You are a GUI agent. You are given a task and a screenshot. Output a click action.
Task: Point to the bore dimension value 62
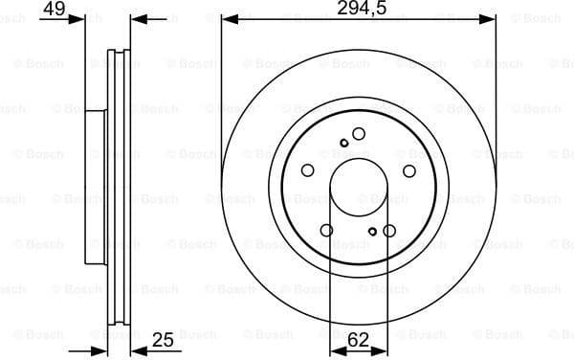coord(359,338)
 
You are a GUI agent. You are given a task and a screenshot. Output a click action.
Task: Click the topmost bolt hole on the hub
coord(359,134)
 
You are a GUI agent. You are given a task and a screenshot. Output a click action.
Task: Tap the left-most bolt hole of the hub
coord(308,170)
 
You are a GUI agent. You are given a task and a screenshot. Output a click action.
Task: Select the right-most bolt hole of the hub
coord(409,170)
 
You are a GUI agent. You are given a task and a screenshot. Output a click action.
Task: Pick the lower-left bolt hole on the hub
coord(327,230)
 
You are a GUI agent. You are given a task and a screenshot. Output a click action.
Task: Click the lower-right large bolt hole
coord(388,230)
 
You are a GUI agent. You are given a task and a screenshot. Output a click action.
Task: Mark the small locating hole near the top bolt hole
coord(343,143)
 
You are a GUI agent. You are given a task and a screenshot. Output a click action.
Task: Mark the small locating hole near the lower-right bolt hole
coord(373,230)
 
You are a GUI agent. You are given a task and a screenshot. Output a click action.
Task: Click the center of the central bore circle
coord(359,187)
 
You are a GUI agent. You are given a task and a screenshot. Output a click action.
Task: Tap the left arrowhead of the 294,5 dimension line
coord(227,19)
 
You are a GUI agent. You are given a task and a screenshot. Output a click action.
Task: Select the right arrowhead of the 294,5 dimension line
coord(491,19)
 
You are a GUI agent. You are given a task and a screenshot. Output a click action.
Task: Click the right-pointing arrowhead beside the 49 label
coord(79,19)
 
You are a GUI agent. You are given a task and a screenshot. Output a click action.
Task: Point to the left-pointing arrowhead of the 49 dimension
coord(136,19)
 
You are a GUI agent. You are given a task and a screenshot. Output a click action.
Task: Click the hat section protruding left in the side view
coord(95,187)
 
